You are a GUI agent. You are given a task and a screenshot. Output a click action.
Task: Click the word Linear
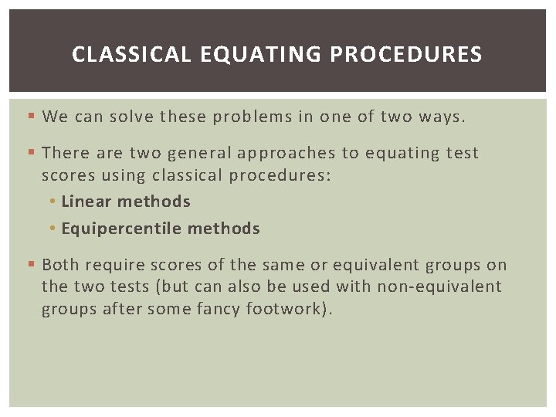pyautogui.click(x=86, y=202)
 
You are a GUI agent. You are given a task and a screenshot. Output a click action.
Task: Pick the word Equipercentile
pyautogui.click(x=121, y=229)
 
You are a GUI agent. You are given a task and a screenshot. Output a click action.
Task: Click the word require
pyautogui.click(x=114, y=265)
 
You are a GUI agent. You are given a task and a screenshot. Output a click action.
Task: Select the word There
pyautogui.click(x=64, y=154)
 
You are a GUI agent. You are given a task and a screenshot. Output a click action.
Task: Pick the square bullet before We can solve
pyautogui.click(x=30, y=117)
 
